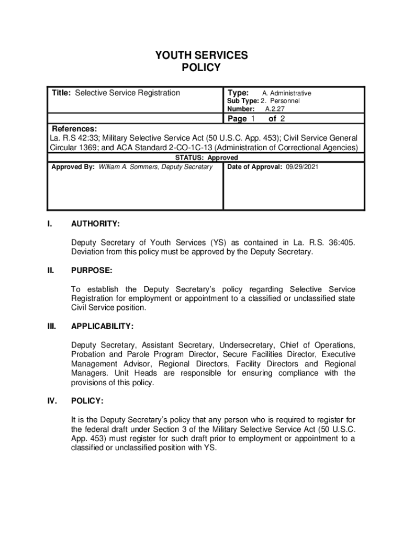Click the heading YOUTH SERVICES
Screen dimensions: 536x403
[x=201, y=55]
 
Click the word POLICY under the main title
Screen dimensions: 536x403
[x=201, y=68]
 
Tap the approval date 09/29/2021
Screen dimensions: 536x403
[x=301, y=167]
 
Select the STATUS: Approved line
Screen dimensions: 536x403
[x=206, y=158]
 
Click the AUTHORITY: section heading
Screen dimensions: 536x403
[x=95, y=224]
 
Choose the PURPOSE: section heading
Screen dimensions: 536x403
[x=92, y=271]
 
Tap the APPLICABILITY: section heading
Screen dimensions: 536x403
[x=103, y=327]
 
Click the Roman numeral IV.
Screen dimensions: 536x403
[x=52, y=401]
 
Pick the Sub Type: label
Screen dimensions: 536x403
[x=242, y=101]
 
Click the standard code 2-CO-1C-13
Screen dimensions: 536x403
[x=186, y=148]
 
